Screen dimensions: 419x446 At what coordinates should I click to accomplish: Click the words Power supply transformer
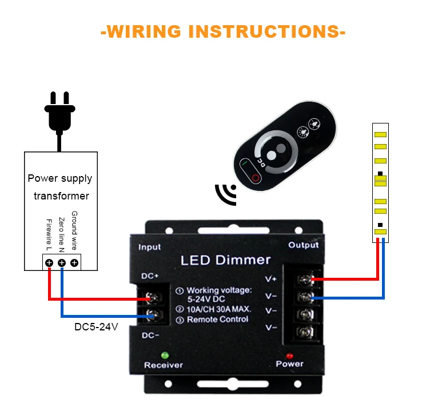(x=60, y=187)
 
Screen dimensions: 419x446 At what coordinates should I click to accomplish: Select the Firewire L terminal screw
(x=49, y=263)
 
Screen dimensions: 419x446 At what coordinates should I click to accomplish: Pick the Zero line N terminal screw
(x=62, y=263)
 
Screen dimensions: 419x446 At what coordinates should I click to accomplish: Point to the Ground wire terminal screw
(x=74, y=263)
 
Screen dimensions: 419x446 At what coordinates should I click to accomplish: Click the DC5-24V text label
(x=96, y=328)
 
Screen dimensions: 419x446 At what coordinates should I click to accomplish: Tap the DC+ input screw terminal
(x=152, y=298)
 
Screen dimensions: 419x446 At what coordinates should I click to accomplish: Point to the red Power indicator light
(x=289, y=355)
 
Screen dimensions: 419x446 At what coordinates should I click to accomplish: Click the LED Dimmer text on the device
(x=225, y=260)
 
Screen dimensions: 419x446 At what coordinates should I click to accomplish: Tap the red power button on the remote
(x=256, y=178)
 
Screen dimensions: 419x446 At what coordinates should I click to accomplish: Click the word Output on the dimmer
(x=303, y=245)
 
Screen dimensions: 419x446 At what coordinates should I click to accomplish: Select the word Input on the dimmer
(x=150, y=247)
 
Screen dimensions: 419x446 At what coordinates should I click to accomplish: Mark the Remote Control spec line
(x=217, y=320)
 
